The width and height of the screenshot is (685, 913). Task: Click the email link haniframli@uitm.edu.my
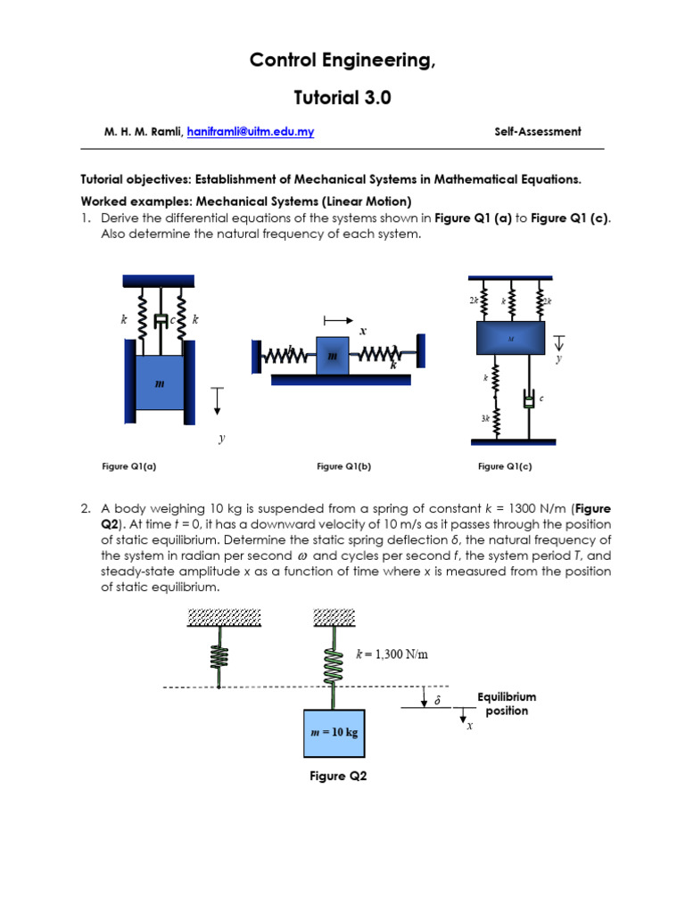pyautogui.click(x=250, y=131)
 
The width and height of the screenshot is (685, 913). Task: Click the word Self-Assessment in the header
pyautogui.click(x=537, y=131)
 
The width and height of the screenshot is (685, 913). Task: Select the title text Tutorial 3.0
pyautogui.click(x=342, y=98)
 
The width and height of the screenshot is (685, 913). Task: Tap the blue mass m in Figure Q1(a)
pyautogui.click(x=160, y=382)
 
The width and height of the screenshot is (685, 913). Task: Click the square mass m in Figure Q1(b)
pyautogui.click(x=333, y=355)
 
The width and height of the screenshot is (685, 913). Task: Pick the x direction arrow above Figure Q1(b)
pyautogui.click(x=338, y=319)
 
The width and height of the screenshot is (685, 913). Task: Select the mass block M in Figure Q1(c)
pyautogui.click(x=511, y=339)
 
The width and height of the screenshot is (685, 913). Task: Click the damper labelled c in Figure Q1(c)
pyautogui.click(x=529, y=399)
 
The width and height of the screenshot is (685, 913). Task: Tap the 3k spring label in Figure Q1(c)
pyautogui.click(x=486, y=417)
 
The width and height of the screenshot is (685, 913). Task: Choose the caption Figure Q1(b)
pyautogui.click(x=343, y=466)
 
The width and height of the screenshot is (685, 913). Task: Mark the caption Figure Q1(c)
pyautogui.click(x=505, y=466)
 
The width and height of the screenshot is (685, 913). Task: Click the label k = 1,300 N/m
pyautogui.click(x=392, y=654)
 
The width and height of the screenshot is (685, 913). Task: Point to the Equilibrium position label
pyautogui.click(x=507, y=703)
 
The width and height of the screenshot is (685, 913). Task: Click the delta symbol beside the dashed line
pyautogui.click(x=437, y=702)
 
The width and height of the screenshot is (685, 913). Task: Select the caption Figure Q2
pyautogui.click(x=338, y=777)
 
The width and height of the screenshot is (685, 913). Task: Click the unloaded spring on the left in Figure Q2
pyautogui.click(x=219, y=656)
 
